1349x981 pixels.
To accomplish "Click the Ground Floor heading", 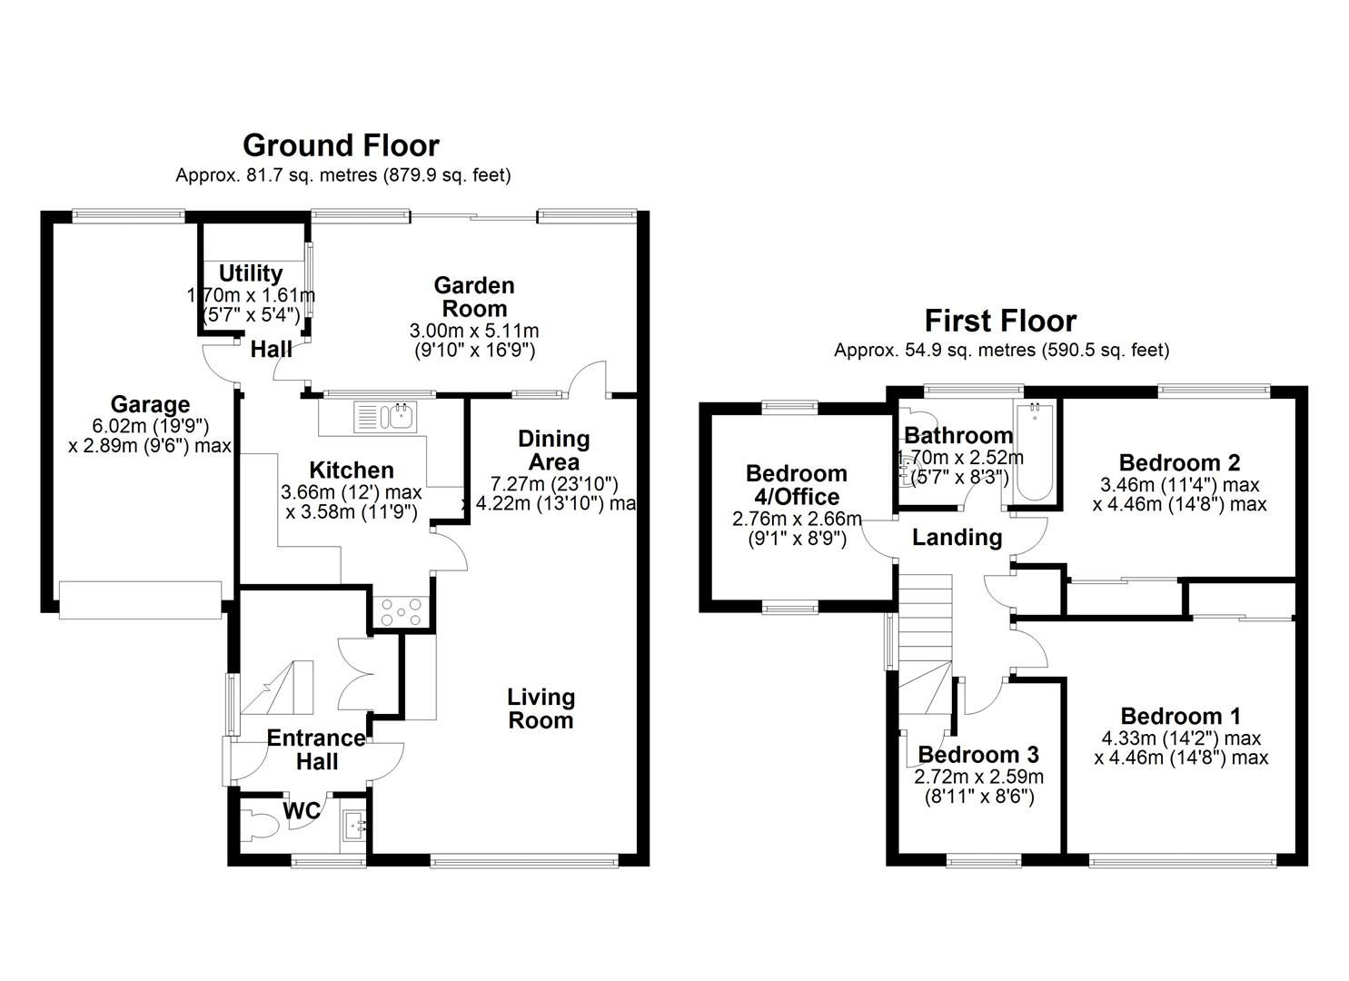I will click(x=341, y=145).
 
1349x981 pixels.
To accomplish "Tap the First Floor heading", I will click(x=1000, y=321).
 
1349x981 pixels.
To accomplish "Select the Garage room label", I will click(x=150, y=405).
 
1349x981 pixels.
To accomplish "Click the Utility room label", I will click(x=251, y=273).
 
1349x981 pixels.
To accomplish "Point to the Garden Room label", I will click(x=474, y=297).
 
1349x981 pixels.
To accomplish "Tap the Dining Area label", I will click(x=553, y=451).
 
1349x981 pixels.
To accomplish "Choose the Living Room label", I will click(x=541, y=709).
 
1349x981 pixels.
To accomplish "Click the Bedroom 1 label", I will click(x=1180, y=717).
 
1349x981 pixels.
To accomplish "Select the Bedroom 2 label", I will click(x=1179, y=463).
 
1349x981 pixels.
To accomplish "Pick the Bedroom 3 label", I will click(x=977, y=755).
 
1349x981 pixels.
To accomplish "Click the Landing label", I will click(x=957, y=538).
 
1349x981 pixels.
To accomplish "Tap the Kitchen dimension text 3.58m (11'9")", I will click(x=351, y=512).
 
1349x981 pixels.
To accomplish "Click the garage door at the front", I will click(x=140, y=600).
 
